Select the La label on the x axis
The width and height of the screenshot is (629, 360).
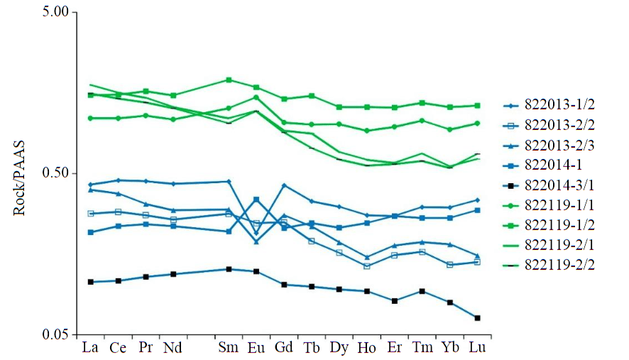[90, 348]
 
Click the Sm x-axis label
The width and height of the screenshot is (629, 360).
[229, 348]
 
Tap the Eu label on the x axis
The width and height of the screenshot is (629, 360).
[256, 348]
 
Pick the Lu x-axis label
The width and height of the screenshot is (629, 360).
[478, 348]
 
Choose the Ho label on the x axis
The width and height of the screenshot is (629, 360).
[367, 348]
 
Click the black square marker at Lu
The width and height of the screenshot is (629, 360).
[478, 317]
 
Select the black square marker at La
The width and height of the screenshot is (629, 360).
[90, 282]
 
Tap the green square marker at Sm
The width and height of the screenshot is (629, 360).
[229, 80]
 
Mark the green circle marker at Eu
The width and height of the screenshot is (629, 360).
[256, 97]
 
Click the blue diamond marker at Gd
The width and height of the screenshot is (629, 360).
[284, 185]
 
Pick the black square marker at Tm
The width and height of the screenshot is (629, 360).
[422, 291]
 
